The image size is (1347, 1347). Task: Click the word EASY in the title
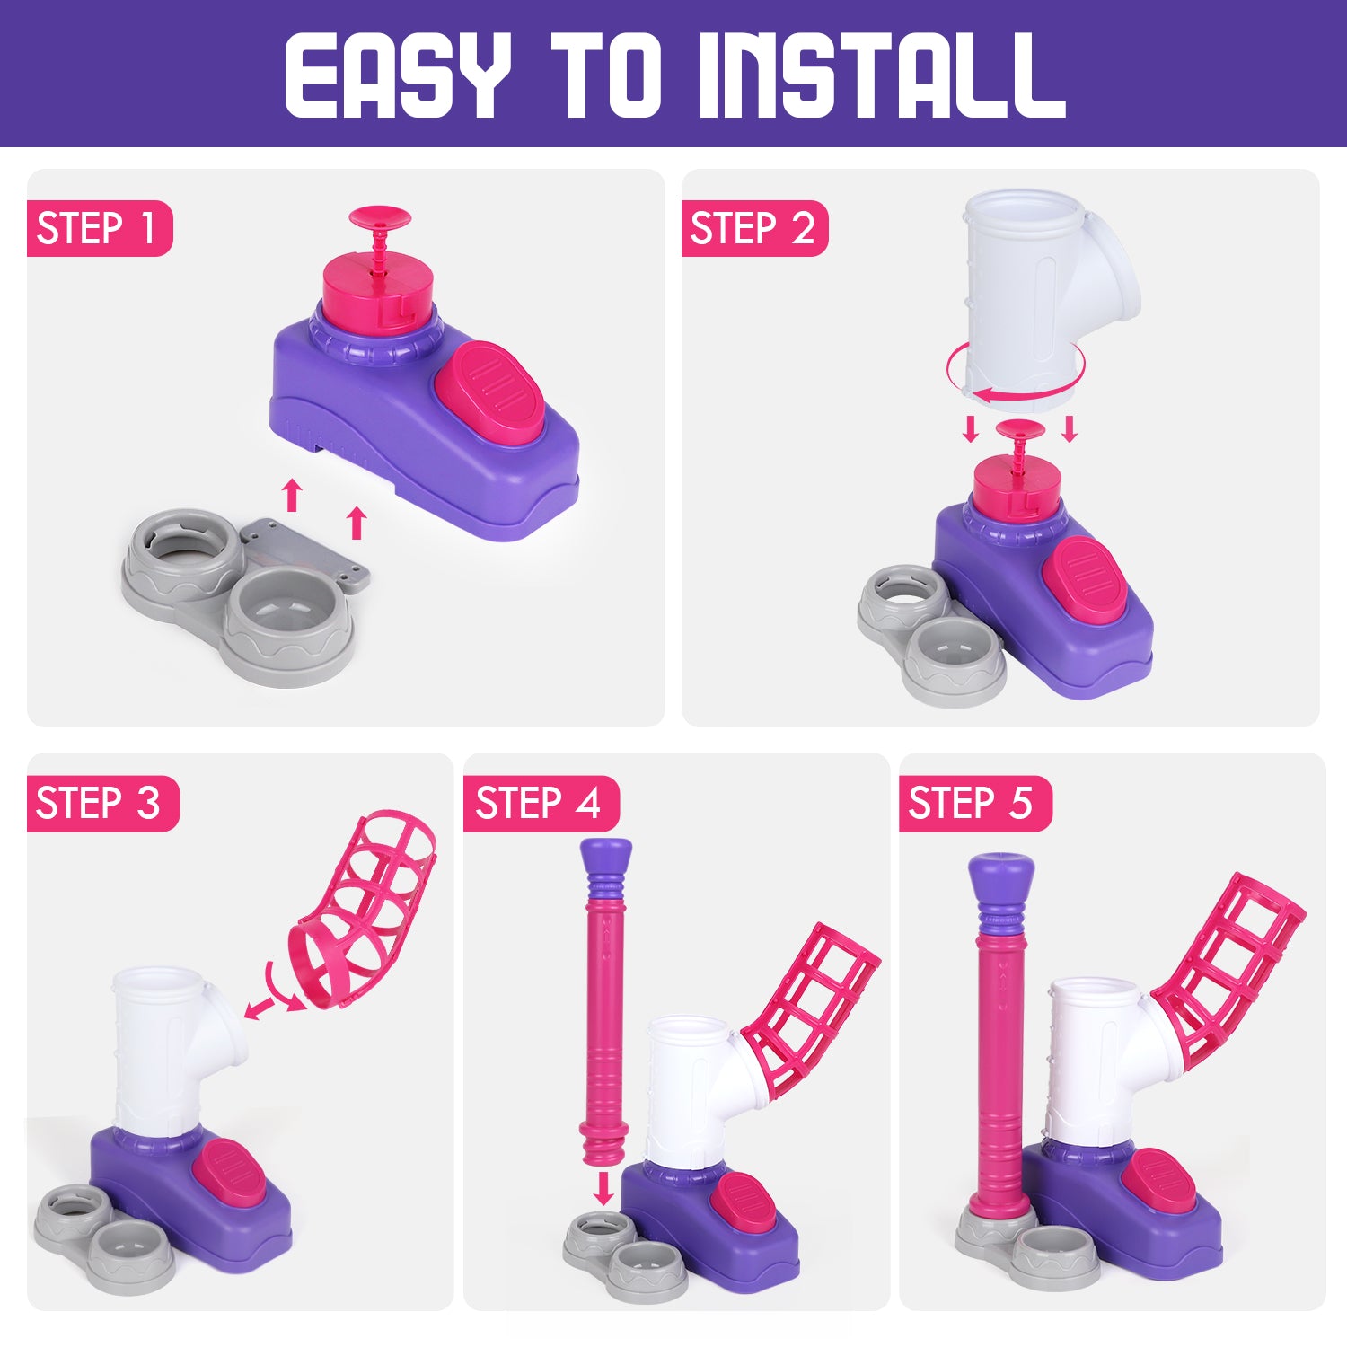398,75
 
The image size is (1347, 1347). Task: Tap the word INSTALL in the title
882,75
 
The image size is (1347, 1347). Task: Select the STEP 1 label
96,228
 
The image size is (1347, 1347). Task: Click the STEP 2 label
753,228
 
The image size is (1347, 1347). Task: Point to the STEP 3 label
98,803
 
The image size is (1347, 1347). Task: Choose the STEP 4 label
538,803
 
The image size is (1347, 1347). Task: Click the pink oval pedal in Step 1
489,392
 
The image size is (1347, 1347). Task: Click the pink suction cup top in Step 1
380,217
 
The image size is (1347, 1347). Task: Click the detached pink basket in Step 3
364,907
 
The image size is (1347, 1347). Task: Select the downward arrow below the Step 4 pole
604,1187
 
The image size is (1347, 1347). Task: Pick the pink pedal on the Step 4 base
743,1203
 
